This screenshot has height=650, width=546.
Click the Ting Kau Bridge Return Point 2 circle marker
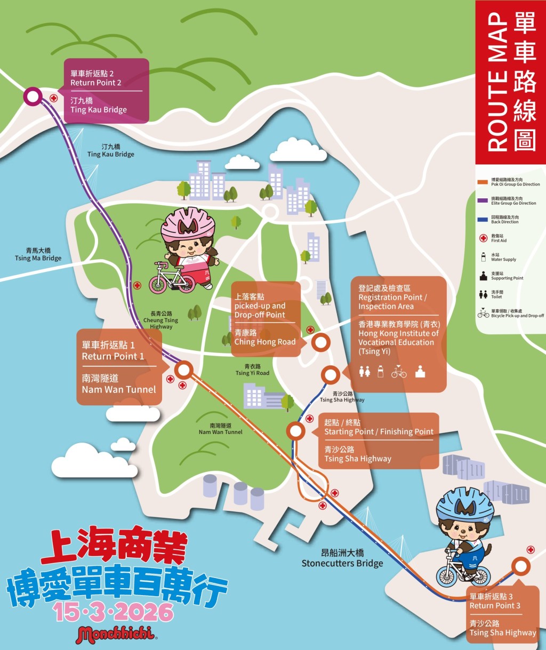[x=33, y=97]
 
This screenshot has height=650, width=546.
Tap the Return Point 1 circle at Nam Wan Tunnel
[x=184, y=369]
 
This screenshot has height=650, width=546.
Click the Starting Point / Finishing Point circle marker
[x=295, y=430]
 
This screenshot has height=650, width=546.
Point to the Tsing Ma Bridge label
[x=38, y=254]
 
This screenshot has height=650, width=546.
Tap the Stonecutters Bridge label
[x=342, y=559]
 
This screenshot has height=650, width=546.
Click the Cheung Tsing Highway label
[x=161, y=320]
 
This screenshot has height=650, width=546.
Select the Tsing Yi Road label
[x=252, y=370]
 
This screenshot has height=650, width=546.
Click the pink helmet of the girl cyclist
[x=188, y=224]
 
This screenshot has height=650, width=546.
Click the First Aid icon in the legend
[x=483, y=238]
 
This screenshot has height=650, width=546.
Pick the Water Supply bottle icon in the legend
[x=483, y=257]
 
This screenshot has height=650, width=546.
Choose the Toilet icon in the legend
[x=483, y=294]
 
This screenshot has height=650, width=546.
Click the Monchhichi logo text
[x=116, y=635]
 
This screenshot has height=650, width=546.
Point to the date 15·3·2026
[x=114, y=612]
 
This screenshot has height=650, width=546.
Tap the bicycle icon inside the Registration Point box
[x=398, y=372]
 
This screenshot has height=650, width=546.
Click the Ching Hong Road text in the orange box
[x=264, y=342]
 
